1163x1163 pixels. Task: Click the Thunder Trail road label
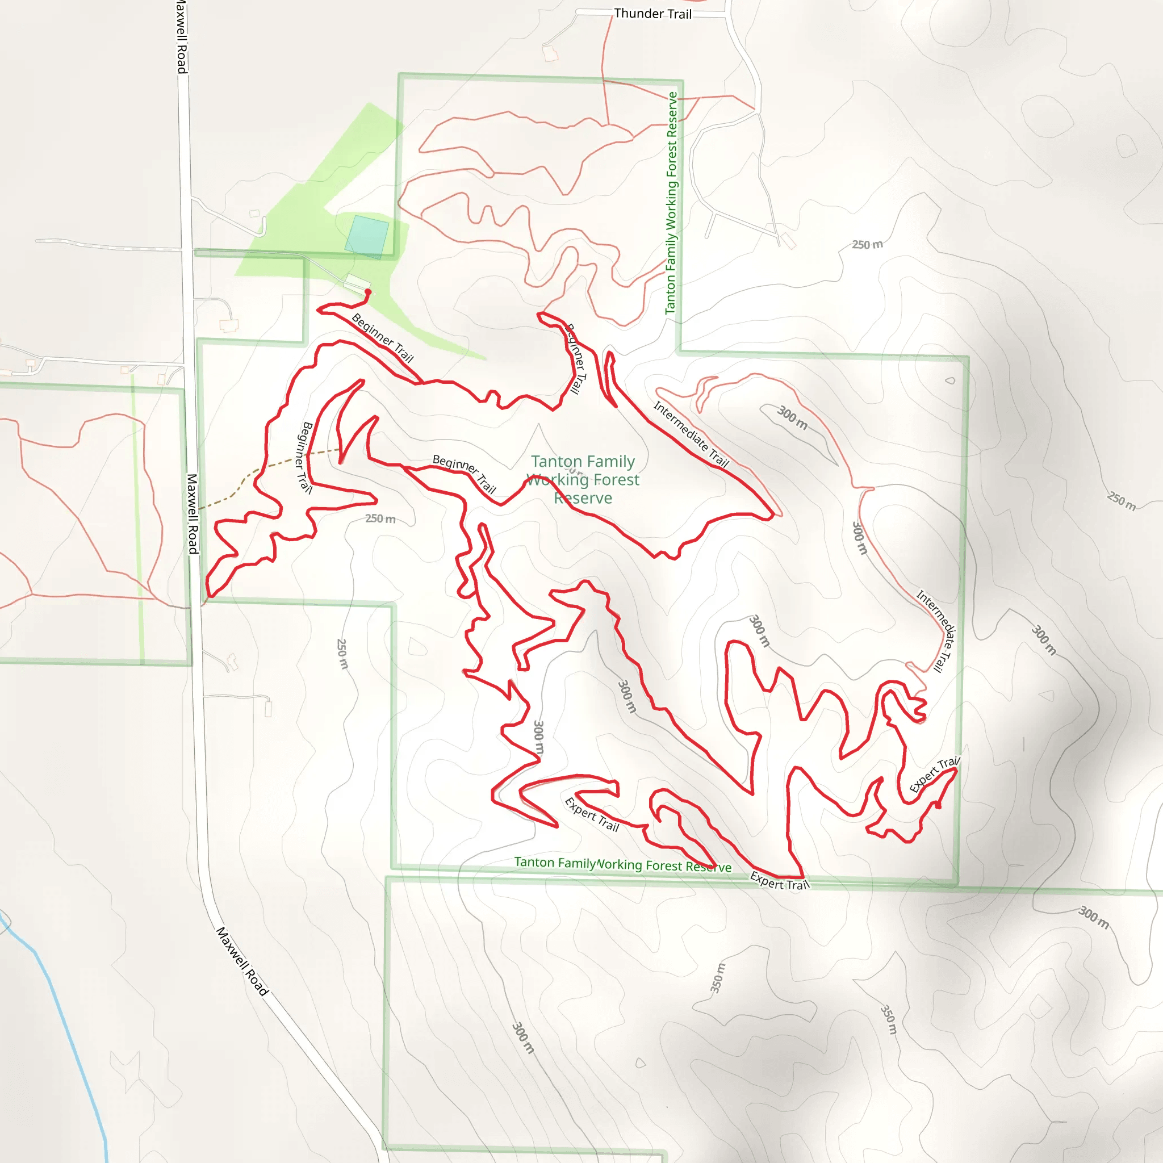(652, 14)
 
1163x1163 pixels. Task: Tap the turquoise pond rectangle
(367, 237)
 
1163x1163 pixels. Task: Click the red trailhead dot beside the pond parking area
(368, 292)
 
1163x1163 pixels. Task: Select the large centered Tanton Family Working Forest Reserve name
(583, 480)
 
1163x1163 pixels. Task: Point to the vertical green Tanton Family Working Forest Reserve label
(671, 203)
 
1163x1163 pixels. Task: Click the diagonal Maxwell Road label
(242, 961)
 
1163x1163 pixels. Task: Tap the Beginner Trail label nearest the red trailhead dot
(383, 338)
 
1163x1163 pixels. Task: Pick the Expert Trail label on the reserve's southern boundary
(780, 881)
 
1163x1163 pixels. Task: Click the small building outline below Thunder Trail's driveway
(550, 54)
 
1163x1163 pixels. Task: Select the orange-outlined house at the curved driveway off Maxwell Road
(229, 325)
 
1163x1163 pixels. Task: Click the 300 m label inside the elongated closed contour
(792, 418)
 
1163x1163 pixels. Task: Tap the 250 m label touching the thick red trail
(380, 518)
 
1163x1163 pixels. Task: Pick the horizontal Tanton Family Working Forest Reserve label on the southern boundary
(622, 864)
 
